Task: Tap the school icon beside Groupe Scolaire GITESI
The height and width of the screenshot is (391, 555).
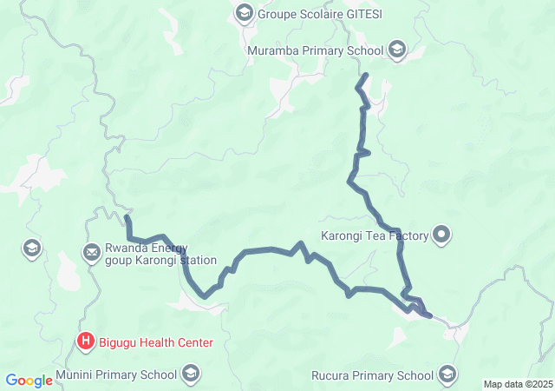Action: [245, 13]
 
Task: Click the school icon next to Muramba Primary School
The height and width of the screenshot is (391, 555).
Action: [397, 50]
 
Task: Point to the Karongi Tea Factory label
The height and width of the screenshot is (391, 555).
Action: [375, 235]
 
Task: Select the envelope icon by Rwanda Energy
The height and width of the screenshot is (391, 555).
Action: [91, 253]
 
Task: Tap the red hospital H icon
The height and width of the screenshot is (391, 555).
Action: [86, 341]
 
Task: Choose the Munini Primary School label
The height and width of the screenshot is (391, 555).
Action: [115, 374]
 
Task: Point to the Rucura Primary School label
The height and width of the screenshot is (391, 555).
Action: [371, 375]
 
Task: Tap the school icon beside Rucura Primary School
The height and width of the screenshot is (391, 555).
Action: [447, 375]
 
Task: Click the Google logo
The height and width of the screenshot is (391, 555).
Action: [29, 381]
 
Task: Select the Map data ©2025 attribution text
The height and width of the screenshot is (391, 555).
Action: [517, 384]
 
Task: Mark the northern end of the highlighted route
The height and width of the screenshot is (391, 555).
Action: [367, 76]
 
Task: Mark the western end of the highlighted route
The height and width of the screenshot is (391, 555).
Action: [127, 217]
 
